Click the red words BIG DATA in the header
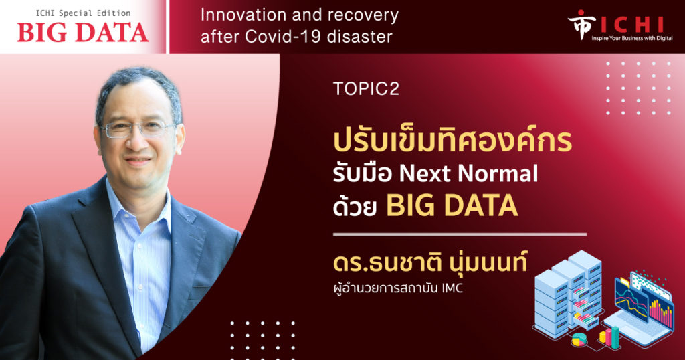(x=83, y=33)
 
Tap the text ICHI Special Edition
(x=83, y=13)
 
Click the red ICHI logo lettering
(x=633, y=25)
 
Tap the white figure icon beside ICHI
(x=581, y=24)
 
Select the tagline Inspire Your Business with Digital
(x=632, y=38)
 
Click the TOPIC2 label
(x=366, y=89)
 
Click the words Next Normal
(x=468, y=173)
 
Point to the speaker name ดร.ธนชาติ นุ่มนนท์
(x=430, y=262)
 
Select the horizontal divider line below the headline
(x=460, y=234)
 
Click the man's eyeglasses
(x=138, y=129)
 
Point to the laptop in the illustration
(x=642, y=310)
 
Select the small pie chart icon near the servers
(x=579, y=339)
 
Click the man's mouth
(x=138, y=161)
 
